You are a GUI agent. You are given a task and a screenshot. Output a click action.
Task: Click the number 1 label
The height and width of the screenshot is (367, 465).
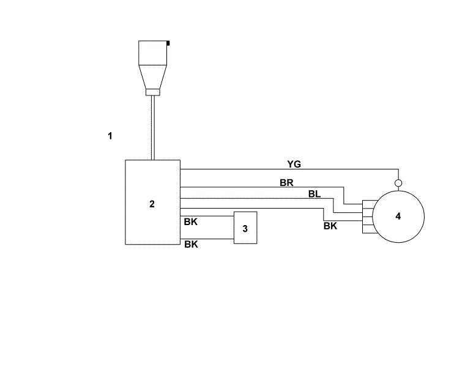pyautogui.click(x=110, y=136)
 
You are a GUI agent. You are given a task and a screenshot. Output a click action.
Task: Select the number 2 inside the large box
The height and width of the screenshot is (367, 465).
pyautogui.click(x=152, y=204)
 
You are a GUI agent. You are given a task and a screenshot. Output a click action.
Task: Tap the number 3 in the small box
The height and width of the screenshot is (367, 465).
pyautogui.click(x=245, y=229)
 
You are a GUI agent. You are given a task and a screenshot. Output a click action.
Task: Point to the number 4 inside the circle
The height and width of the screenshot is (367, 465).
pyautogui.click(x=398, y=216)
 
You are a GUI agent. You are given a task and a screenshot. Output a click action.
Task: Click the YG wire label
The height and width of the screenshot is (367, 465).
pyautogui.click(x=294, y=164)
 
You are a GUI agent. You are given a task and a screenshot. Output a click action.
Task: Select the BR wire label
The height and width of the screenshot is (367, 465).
pyautogui.click(x=286, y=183)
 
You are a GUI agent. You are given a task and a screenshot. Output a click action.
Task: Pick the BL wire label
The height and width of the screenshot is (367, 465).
pyautogui.click(x=314, y=194)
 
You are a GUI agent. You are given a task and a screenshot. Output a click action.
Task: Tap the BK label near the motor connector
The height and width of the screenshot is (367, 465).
pyautogui.click(x=330, y=226)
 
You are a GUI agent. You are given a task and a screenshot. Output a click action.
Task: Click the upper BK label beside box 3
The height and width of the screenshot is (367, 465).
pyautogui.click(x=190, y=222)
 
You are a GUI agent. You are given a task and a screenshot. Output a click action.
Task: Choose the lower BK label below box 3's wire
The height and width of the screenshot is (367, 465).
pyautogui.click(x=191, y=244)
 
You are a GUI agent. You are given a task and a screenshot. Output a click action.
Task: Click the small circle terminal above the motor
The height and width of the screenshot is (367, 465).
pyautogui.click(x=398, y=183)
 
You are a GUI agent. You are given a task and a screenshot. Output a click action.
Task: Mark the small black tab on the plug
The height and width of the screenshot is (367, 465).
pyautogui.click(x=168, y=43)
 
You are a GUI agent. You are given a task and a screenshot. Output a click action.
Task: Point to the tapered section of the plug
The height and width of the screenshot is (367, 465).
pyautogui.click(x=153, y=77)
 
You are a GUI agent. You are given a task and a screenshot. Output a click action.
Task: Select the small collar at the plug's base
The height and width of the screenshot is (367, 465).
pyautogui.click(x=153, y=92)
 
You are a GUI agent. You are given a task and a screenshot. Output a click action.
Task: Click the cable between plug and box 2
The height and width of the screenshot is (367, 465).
pyautogui.click(x=153, y=128)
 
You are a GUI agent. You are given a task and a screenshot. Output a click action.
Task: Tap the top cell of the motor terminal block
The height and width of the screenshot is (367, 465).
pyautogui.click(x=368, y=204)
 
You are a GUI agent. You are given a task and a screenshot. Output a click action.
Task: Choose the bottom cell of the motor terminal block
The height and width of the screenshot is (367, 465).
pyautogui.click(x=368, y=229)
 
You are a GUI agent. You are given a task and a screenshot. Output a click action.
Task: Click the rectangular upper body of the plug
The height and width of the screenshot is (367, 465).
pyautogui.click(x=153, y=53)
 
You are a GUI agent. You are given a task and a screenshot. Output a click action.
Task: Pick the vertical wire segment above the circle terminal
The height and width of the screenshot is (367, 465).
pyautogui.click(x=398, y=174)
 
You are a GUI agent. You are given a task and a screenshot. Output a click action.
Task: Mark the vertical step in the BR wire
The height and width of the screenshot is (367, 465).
pyautogui.click(x=344, y=196)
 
